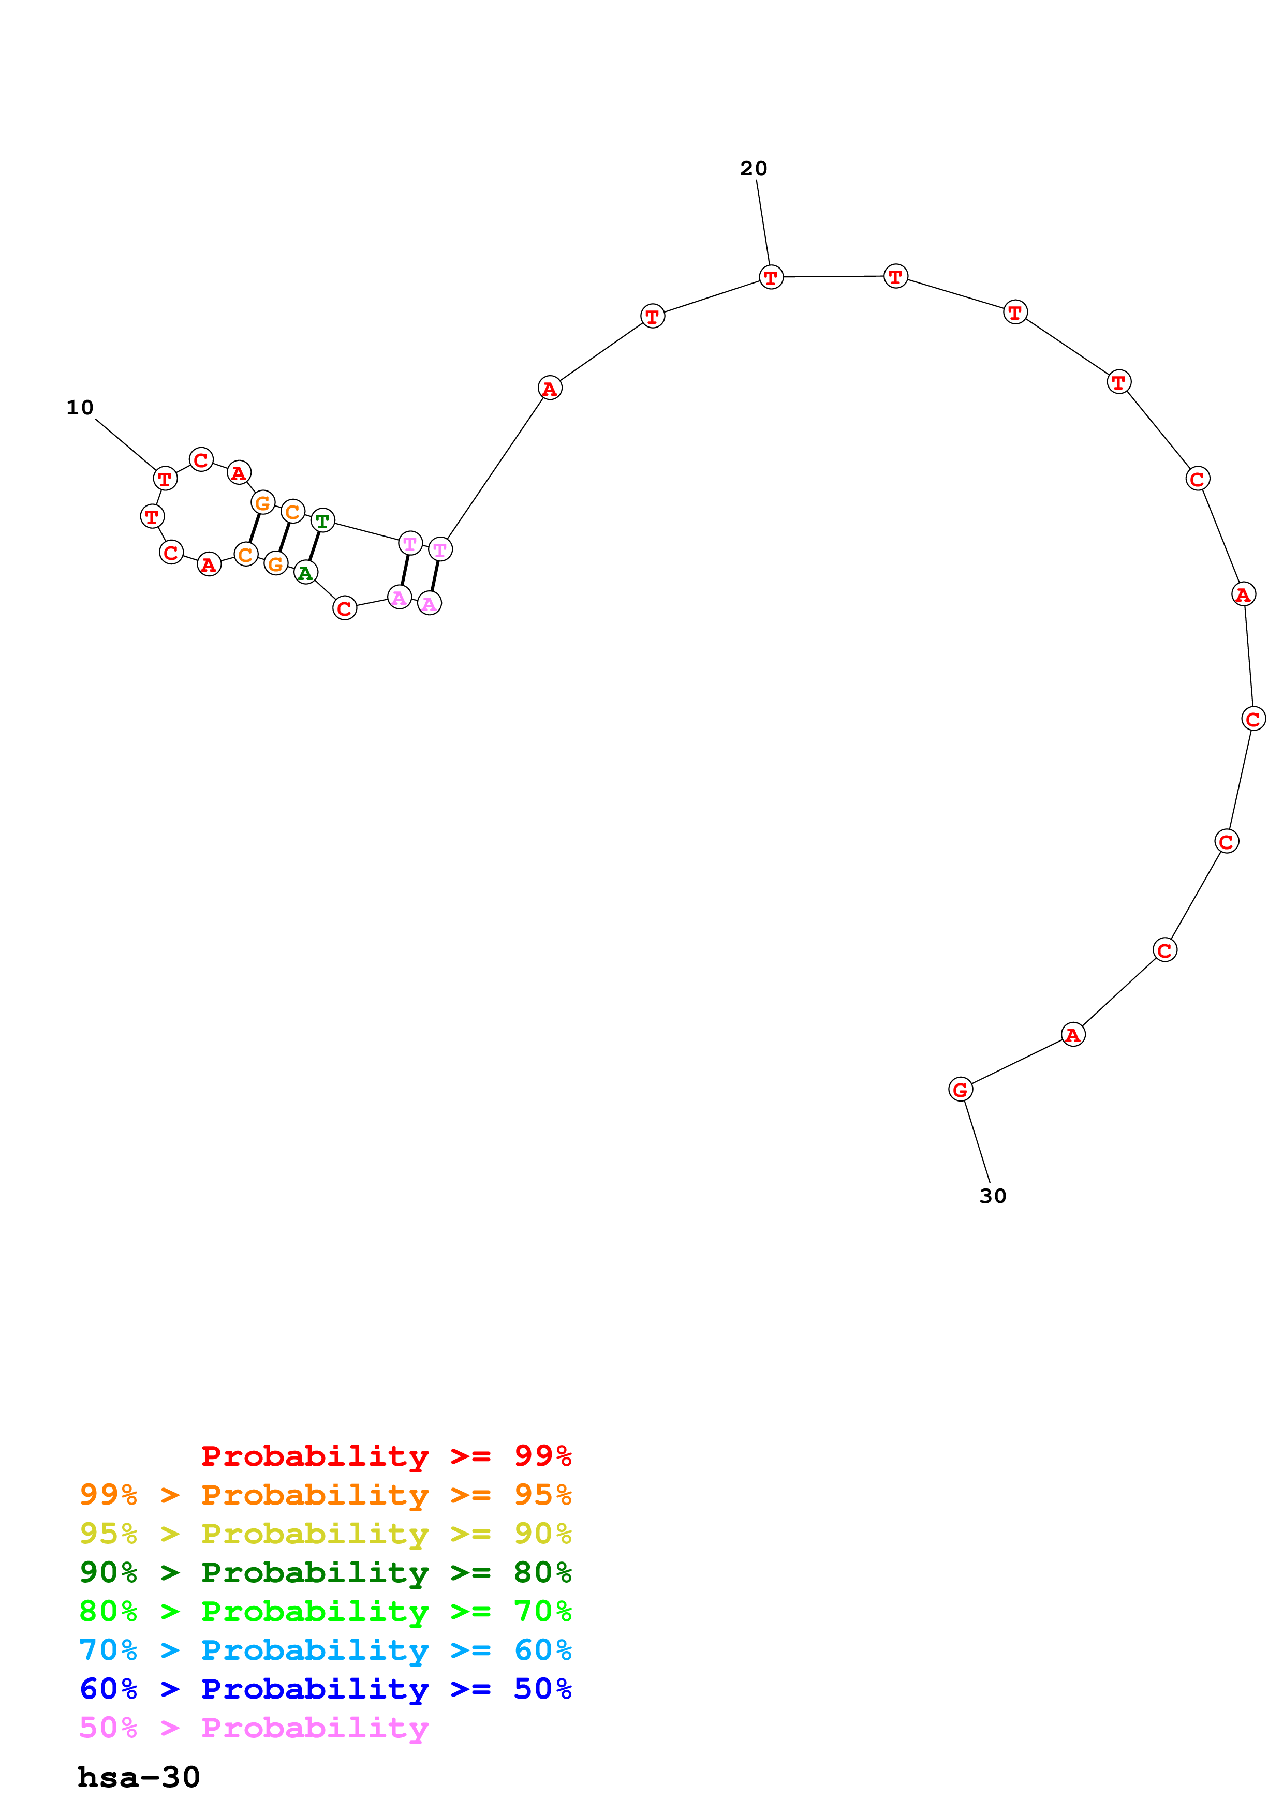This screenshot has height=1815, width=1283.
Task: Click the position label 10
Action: point(80,408)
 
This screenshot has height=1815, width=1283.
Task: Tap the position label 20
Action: point(754,168)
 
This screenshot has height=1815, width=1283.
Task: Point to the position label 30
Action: point(993,1196)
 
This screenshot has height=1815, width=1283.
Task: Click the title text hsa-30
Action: point(138,1777)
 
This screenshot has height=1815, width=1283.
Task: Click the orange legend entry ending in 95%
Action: point(325,1495)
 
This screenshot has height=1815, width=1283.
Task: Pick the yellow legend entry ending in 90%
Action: point(325,1534)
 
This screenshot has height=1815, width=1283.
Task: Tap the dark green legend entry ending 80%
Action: point(325,1572)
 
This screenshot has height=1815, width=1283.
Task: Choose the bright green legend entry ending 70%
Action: point(325,1611)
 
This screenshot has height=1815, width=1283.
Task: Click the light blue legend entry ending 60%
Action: point(325,1650)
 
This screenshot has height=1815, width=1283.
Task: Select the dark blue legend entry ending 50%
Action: point(325,1689)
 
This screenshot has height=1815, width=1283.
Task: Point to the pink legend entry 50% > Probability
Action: point(254,1727)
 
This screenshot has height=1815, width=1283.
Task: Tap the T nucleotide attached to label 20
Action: point(771,277)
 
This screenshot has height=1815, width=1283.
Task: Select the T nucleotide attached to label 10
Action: point(165,478)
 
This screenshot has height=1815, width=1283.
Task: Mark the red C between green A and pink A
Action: point(344,608)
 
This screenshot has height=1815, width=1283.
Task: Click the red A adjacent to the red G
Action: point(1073,1035)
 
